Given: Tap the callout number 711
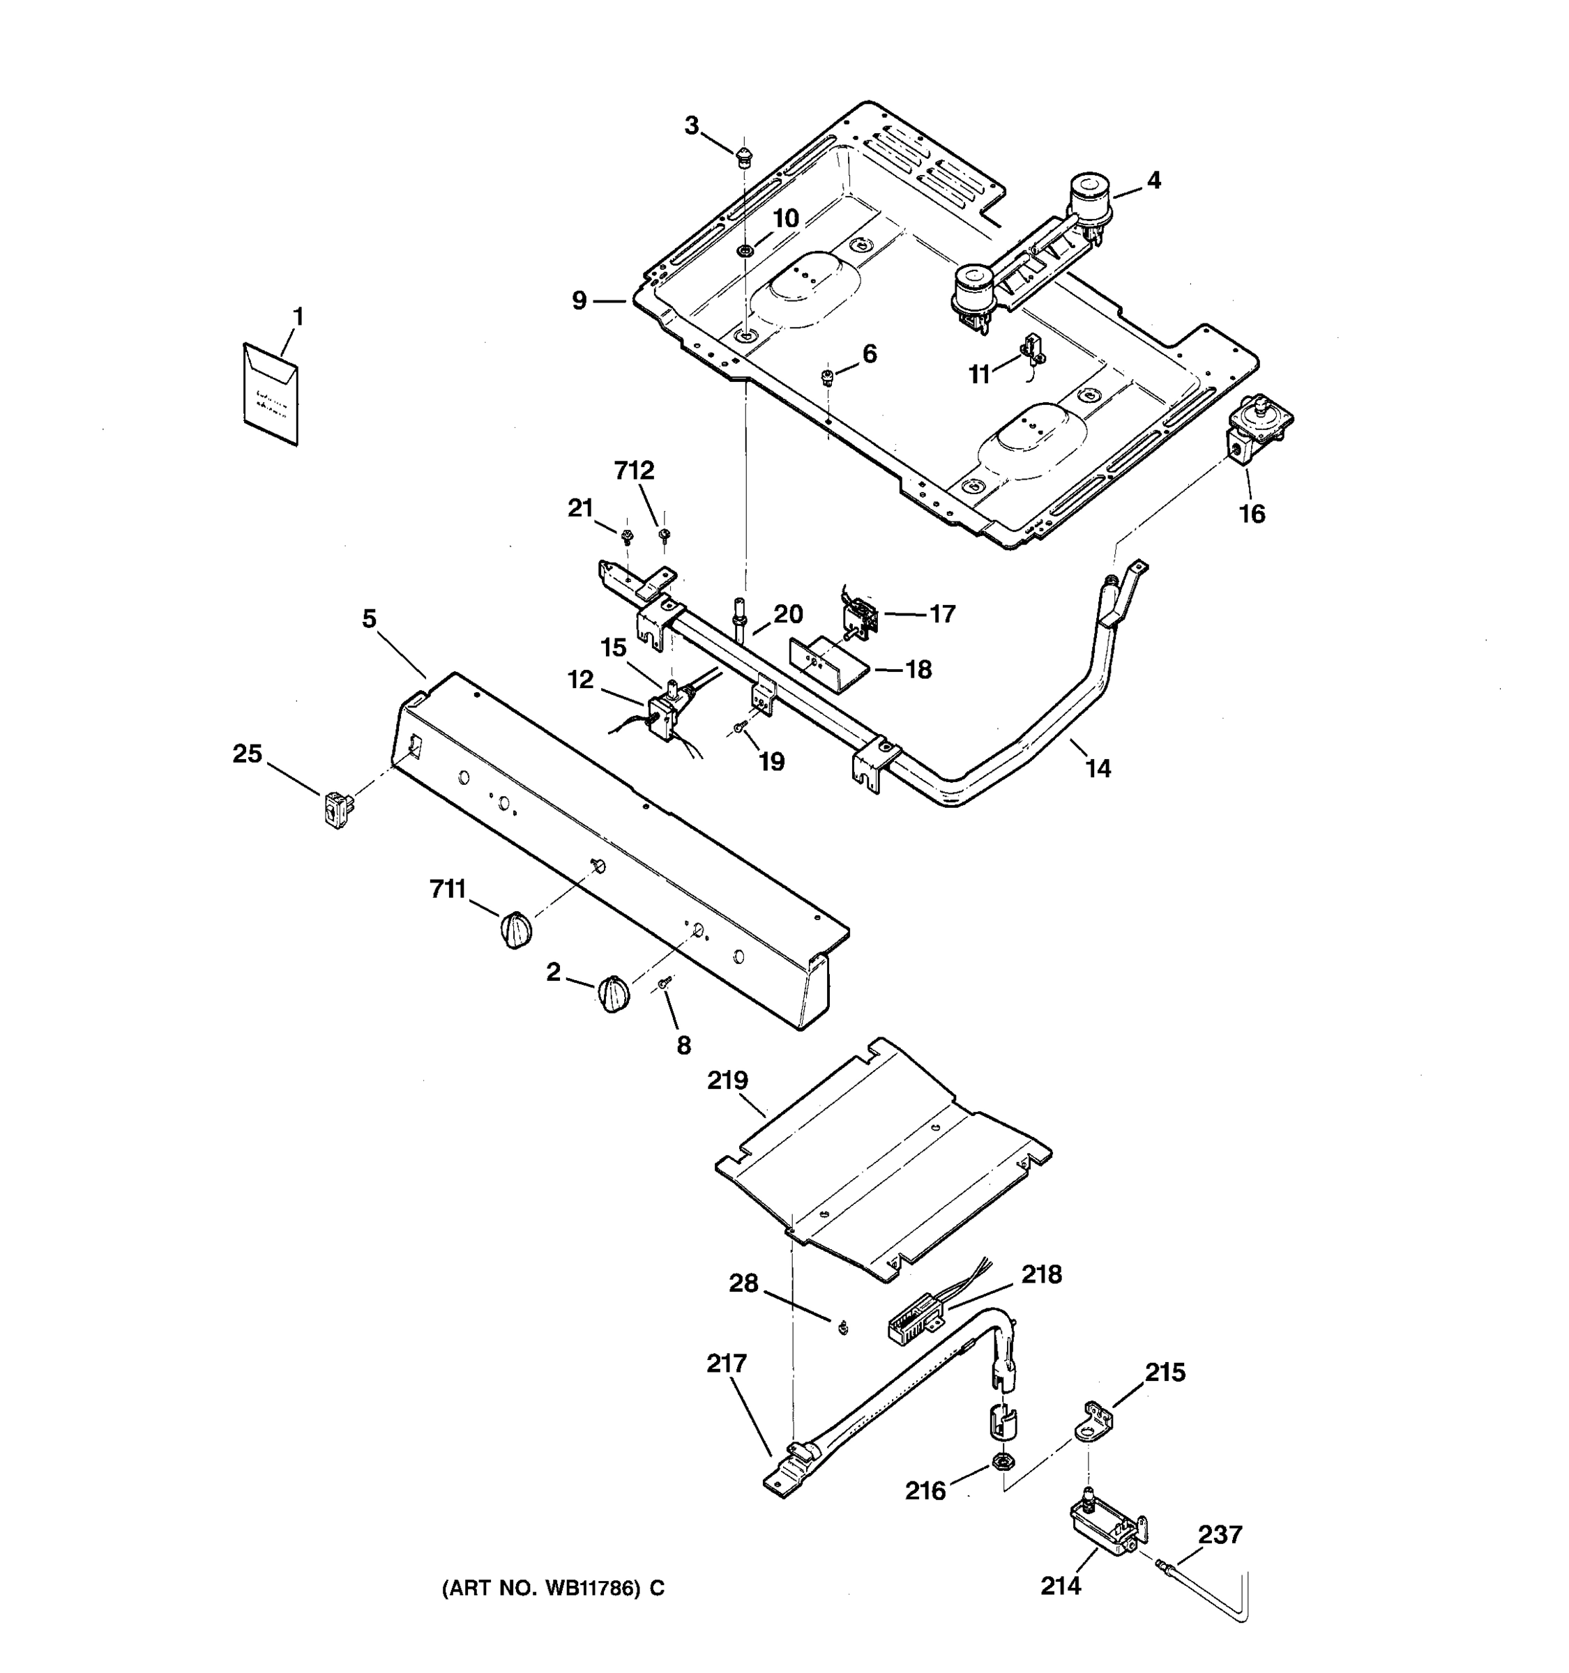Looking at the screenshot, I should click(448, 889).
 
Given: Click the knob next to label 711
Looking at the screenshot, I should click(515, 930).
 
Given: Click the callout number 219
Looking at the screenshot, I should click(727, 1080).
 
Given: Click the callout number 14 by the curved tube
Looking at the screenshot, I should click(1098, 767).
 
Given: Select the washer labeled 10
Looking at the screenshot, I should click(745, 250).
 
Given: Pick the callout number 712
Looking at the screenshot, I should click(634, 471).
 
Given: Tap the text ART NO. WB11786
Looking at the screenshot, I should click(553, 1589).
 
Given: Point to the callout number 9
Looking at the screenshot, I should click(579, 300).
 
